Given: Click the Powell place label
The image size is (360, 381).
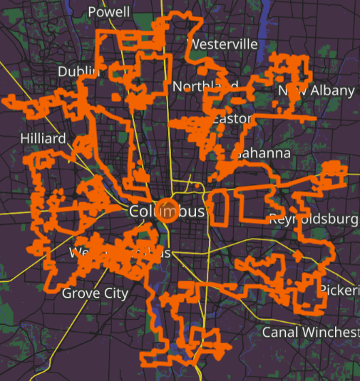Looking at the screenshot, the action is pyautogui.click(x=109, y=12).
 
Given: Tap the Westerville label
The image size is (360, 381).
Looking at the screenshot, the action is pyautogui.click(x=222, y=44).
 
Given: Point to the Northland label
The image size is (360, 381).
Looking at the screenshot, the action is pyautogui.click(x=205, y=86).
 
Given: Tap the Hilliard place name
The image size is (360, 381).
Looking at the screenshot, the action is pyautogui.click(x=43, y=138).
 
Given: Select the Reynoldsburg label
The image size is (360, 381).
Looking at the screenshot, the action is pyautogui.click(x=314, y=219).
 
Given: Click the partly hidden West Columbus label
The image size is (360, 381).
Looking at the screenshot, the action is pyautogui.click(x=120, y=254).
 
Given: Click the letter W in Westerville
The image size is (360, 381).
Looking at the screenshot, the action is pyautogui.click(x=192, y=44).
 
